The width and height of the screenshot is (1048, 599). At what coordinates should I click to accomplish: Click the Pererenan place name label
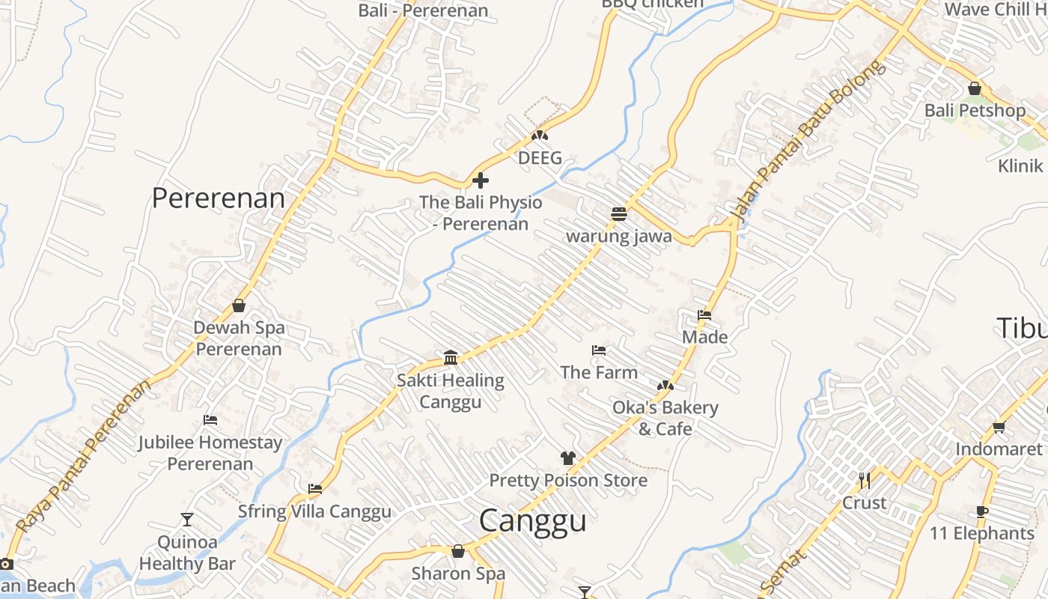[x=218, y=198]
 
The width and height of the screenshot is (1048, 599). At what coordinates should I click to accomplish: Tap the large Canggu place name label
[x=532, y=520]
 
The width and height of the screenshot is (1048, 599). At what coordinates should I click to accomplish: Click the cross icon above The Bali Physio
[x=481, y=180]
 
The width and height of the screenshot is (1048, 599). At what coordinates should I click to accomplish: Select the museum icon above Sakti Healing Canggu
[x=451, y=358]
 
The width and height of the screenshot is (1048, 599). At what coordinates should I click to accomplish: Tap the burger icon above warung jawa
[x=618, y=214]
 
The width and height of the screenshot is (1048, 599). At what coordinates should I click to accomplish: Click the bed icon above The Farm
[x=599, y=350]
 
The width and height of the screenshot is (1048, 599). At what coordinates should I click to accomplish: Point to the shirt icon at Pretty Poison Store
[x=567, y=457]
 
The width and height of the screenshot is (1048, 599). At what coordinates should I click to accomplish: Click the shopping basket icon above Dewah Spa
[x=239, y=305]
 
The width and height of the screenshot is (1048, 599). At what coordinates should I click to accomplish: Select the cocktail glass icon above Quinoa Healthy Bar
[x=187, y=519]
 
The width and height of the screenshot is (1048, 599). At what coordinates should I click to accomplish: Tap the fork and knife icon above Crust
[x=865, y=480]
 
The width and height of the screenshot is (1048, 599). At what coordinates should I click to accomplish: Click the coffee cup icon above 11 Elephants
[x=982, y=511]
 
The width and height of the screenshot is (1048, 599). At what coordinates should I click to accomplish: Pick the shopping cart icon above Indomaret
[x=999, y=427]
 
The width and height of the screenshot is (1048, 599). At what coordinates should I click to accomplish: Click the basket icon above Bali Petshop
[x=975, y=88]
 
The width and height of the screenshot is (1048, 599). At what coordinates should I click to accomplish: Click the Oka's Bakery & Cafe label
[x=665, y=418]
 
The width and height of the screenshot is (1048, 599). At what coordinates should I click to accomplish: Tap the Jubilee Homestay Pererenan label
[x=210, y=453]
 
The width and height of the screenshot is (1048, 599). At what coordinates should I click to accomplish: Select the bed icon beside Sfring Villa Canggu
[x=315, y=489]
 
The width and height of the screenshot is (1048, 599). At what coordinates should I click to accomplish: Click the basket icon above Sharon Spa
[x=458, y=551]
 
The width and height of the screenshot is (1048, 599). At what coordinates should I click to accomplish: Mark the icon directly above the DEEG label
[x=540, y=136]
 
